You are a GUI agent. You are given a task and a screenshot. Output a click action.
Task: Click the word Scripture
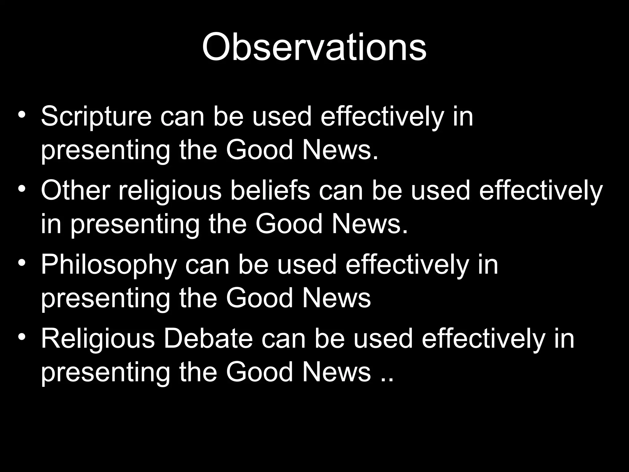click(x=96, y=116)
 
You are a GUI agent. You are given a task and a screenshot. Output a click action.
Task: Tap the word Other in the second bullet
click(x=75, y=190)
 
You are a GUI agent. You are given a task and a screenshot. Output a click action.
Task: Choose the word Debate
click(x=208, y=339)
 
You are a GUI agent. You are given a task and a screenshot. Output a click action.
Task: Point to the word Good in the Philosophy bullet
click(x=259, y=298)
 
